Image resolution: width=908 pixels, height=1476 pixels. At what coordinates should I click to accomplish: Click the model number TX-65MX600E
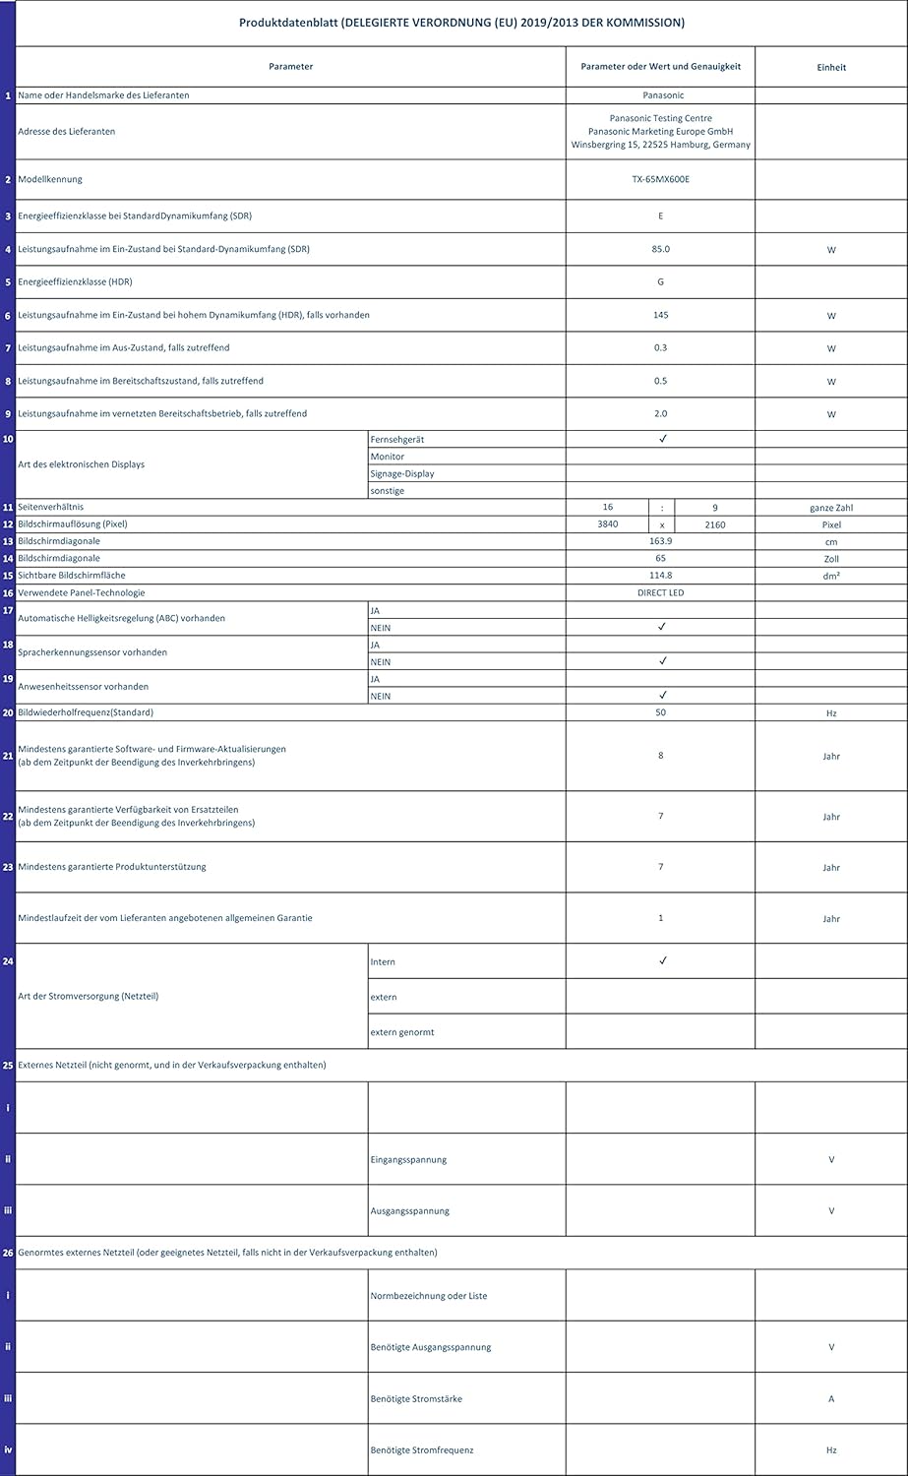click(x=660, y=179)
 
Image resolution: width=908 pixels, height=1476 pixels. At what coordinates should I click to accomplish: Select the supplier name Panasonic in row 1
click(x=660, y=95)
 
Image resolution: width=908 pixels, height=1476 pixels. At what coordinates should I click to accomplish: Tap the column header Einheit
click(x=831, y=67)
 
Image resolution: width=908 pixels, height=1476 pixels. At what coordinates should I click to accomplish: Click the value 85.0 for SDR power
click(x=660, y=249)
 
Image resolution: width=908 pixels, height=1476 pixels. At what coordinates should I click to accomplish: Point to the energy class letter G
click(x=660, y=282)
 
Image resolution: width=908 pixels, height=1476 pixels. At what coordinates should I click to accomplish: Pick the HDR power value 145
click(x=660, y=315)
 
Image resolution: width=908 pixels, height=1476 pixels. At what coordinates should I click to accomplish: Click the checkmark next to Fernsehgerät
click(x=663, y=439)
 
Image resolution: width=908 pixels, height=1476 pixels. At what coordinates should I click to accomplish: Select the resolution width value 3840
click(x=608, y=524)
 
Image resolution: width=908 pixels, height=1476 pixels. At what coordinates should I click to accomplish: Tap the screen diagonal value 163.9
click(x=660, y=541)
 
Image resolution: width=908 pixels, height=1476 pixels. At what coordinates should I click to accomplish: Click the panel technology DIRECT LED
click(x=660, y=593)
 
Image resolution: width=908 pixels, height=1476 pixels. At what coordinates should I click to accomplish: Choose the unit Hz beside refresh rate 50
click(x=831, y=712)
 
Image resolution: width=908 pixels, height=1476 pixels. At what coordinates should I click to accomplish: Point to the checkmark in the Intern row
click(x=663, y=960)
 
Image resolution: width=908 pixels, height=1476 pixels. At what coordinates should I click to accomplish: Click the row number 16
click(x=8, y=593)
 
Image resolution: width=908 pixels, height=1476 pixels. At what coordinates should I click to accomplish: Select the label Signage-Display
click(x=402, y=473)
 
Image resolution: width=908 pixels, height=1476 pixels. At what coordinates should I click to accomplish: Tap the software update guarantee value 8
click(x=660, y=756)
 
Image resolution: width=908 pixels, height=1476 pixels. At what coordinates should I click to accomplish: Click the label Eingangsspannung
click(x=408, y=1159)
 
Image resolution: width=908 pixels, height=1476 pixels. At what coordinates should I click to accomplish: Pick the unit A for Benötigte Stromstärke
click(x=831, y=1399)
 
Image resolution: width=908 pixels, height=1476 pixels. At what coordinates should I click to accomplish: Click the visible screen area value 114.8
click(x=660, y=576)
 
